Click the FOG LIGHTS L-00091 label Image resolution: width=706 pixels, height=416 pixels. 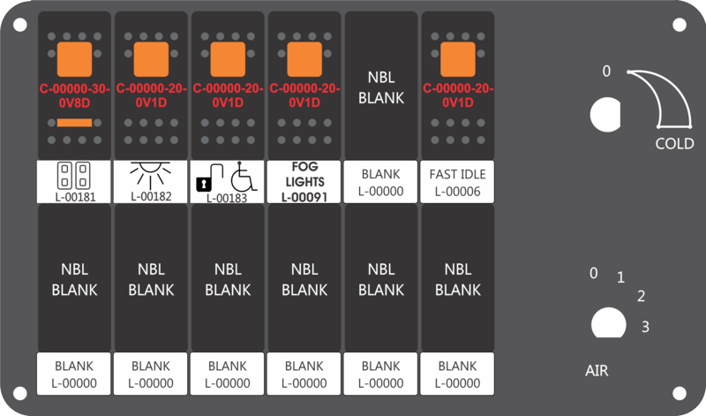304,182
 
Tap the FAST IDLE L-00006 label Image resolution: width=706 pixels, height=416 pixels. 457,182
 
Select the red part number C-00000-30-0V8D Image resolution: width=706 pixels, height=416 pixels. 75,95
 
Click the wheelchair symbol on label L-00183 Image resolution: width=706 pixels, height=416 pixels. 244,177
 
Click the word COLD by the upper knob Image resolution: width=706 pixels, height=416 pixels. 674,144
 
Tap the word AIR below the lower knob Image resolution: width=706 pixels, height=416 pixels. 597,370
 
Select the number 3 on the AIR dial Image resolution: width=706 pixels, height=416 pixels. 645,327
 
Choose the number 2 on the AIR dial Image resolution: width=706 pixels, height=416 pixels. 642,296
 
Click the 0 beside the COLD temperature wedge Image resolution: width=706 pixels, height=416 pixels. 606,72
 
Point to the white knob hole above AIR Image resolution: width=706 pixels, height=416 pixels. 608,322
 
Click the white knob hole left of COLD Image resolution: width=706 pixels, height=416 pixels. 605,115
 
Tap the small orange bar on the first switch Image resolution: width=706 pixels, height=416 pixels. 74,123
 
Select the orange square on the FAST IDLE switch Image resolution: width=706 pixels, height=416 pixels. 457,59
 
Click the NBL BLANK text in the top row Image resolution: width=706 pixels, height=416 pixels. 381,87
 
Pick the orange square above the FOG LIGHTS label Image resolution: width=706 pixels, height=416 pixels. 304,59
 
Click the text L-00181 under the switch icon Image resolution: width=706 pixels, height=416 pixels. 75,197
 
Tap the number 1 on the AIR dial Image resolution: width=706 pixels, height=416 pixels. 620,277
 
